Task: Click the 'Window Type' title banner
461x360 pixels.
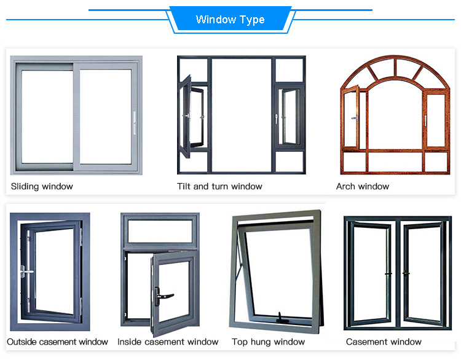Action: pos(230,20)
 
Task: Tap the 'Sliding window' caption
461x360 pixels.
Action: pos(42,186)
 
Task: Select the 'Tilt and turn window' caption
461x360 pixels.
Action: pos(219,186)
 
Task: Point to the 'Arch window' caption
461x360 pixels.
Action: pos(363,186)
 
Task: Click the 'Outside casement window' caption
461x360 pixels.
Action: pos(57,342)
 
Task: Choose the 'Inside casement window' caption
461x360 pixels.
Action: pos(168,342)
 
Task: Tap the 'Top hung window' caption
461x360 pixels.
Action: pos(268,342)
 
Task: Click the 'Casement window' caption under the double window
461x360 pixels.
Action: pos(384,342)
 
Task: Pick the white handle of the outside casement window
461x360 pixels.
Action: pos(26,270)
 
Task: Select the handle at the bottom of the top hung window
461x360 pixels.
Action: pos(281,318)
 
